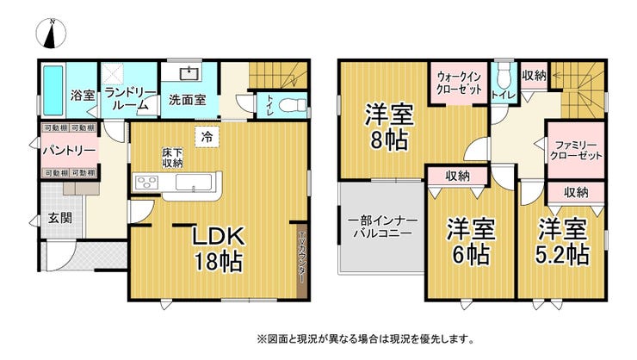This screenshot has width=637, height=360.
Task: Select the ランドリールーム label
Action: (x=128, y=97)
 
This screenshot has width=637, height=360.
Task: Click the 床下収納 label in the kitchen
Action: (x=171, y=158)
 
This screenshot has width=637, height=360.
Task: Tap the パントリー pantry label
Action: (x=70, y=150)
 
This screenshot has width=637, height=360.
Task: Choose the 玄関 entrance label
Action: (x=59, y=217)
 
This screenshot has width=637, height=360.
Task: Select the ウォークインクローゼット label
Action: (x=457, y=82)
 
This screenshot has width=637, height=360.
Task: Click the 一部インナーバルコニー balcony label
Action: (x=381, y=227)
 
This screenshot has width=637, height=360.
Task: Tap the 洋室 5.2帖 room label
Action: (x=564, y=242)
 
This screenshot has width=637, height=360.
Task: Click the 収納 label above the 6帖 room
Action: (x=457, y=176)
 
